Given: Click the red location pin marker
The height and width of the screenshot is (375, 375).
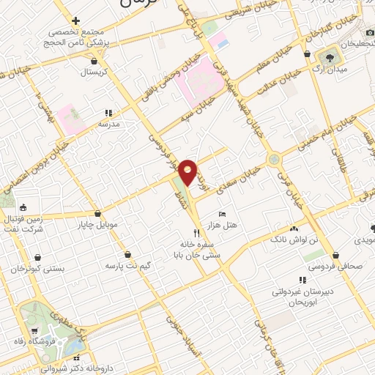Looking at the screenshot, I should click(188, 172).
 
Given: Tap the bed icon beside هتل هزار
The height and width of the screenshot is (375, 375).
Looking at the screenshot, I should click(223, 213).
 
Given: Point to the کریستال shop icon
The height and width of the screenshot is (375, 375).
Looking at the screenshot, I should click(93, 62).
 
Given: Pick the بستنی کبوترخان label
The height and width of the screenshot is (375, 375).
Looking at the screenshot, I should click(38, 269).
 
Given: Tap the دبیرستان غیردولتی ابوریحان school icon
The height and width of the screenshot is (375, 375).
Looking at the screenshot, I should click(302, 281).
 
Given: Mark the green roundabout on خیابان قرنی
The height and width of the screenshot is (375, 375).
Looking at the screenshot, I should click(273, 158).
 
